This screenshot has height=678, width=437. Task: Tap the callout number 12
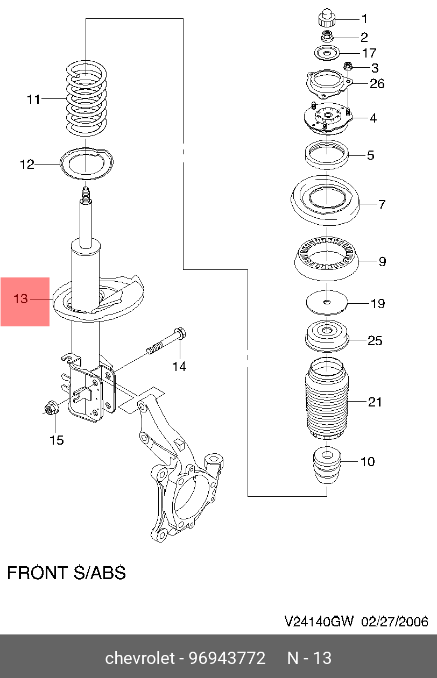[x=27, y=165]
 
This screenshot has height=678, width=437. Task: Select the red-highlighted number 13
[x=20, y=299]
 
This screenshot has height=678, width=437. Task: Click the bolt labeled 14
[x=166, y=341]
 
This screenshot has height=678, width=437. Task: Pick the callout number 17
[x=369, y=53]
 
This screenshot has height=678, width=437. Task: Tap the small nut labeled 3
[x=348, y=66]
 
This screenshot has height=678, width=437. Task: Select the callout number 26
[x=377, y=83]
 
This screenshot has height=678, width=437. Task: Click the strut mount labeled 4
[x=328, y=119]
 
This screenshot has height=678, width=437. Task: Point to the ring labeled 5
[x=327, y=155]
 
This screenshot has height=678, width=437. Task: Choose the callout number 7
[x=382, y=205]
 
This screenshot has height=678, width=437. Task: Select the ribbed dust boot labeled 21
[x=327, y=399]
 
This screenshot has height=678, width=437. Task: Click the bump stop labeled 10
[x=327, y=467]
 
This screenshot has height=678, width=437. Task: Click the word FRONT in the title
[x=37, y=573]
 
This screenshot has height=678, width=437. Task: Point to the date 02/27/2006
[x=395, y=622]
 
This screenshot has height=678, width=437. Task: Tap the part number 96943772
[x=227, y=658]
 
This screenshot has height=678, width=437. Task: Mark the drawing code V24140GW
[x=319, y=622]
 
